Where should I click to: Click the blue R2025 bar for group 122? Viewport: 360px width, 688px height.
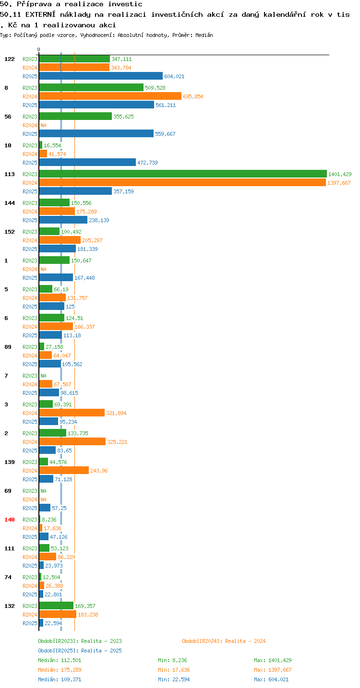(x=101, y=76)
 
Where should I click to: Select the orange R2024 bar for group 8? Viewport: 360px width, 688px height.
(x=110, y=96)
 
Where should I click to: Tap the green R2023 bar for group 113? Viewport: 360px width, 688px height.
(x=183, y=174)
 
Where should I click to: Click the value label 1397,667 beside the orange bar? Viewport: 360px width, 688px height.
(x=339, y=183)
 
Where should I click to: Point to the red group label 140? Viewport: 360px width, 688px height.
(x=10, y=520)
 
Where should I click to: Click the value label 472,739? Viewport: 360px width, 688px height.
(x=147, y=163)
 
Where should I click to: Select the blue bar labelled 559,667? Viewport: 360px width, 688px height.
(x=96, y=133)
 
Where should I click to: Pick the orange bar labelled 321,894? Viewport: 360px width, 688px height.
(x=72, y=413)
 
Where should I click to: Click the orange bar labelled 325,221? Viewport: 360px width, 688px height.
(x=72, y=441)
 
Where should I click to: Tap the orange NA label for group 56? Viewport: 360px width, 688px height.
(x=43, y=125)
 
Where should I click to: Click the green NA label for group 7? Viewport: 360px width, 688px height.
(x=43, y=375)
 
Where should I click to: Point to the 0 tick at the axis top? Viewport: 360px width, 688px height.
(x=38, y=49)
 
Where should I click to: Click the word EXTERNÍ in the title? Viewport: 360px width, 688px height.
(x=40, y=14)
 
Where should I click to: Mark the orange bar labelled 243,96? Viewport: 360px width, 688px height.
(x=64, y=470)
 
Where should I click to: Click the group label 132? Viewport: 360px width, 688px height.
(x=10, y=605)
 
